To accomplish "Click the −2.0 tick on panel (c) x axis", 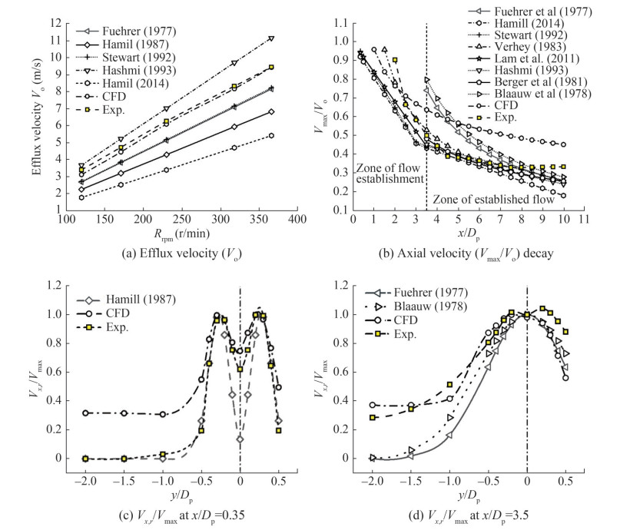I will coord(82,481).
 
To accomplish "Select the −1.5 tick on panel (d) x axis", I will coord(410,481).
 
